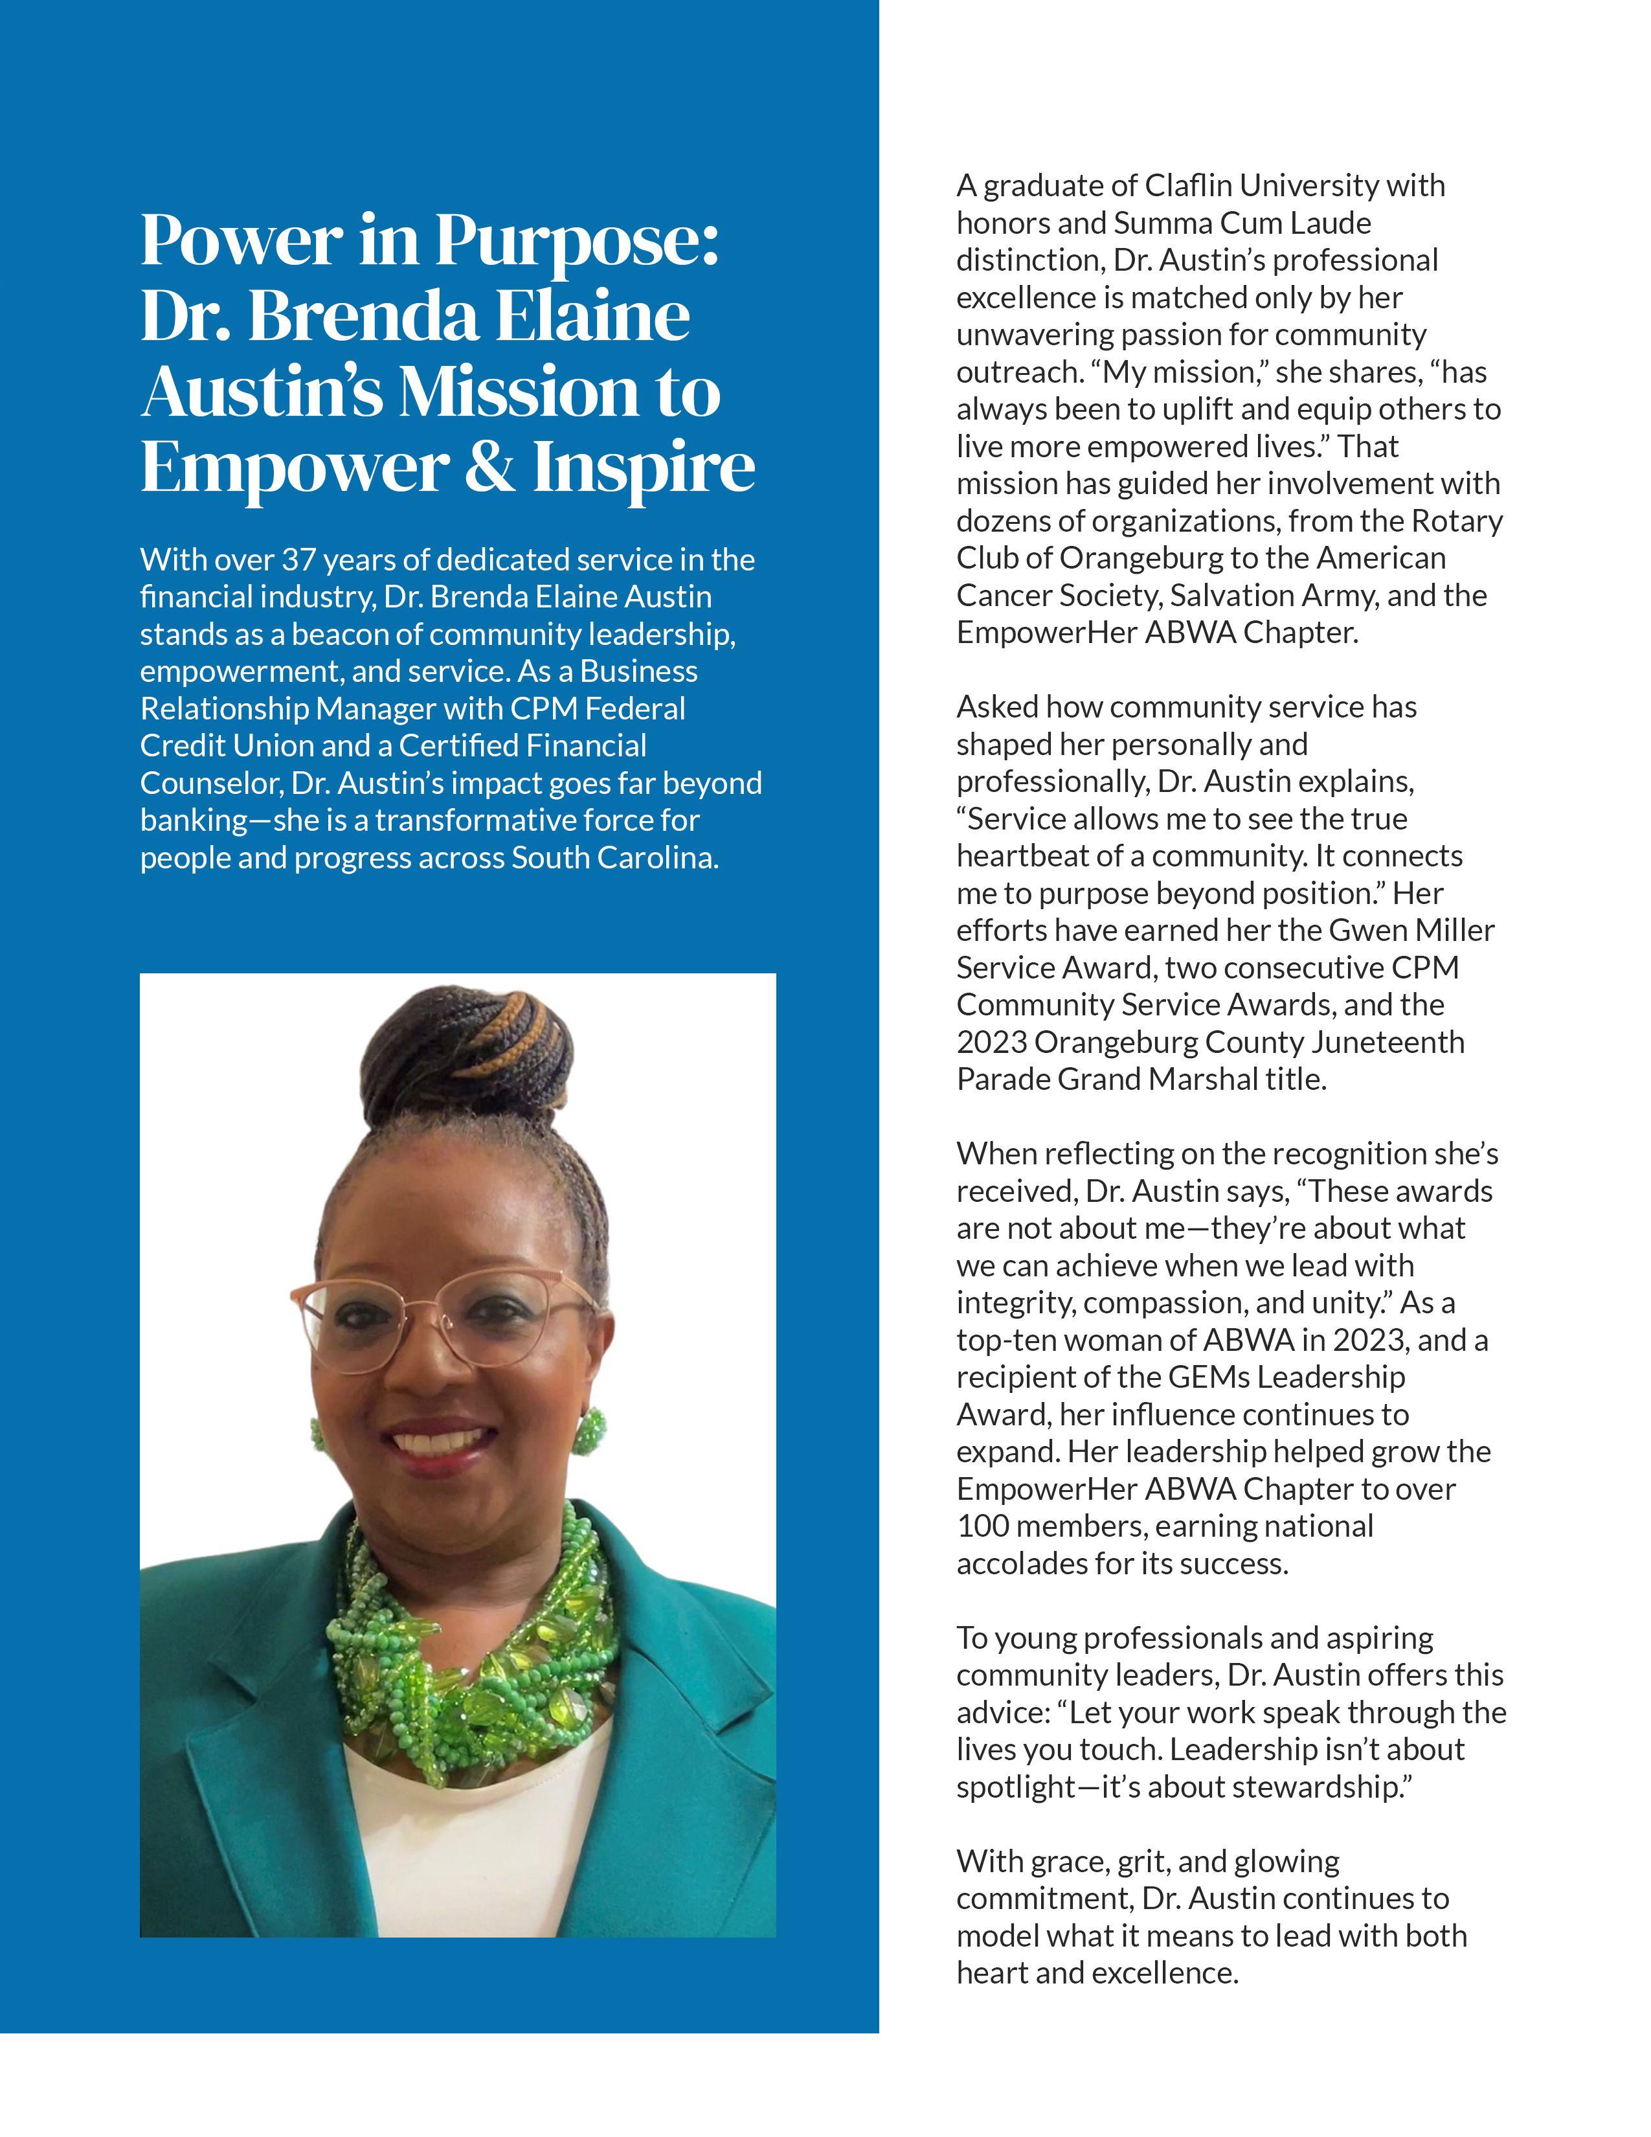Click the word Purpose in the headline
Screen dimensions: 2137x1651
tap(575, 241)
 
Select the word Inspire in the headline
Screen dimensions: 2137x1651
tap(645, 468)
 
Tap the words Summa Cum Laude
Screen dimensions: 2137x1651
tap(1242, 223)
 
